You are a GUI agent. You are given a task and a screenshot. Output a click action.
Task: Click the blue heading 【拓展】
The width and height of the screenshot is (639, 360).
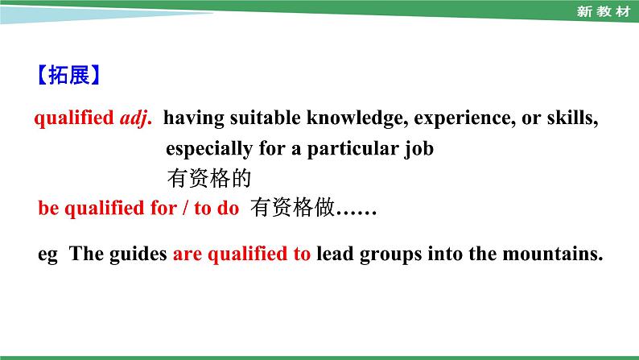[68, 77]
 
